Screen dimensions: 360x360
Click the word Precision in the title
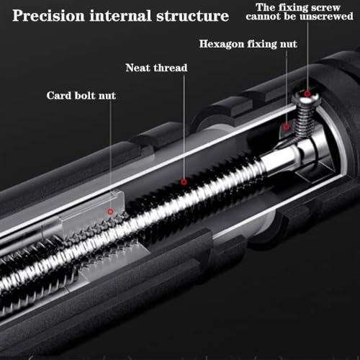(x=49, y=16)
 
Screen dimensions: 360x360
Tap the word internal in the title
(x=121, y=16)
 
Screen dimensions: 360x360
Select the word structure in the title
(x=193, y=16)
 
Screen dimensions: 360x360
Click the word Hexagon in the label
(x=222, y=45)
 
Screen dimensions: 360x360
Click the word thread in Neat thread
(x=171, y=68)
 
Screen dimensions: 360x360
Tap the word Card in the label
(x=59, y=96)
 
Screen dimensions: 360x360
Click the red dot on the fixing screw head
(x=307, y=94)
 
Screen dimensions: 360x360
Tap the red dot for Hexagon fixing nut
(x=286, y=127)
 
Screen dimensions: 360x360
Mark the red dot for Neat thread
(x=184, y=182)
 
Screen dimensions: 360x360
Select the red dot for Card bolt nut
(x=110, y=212)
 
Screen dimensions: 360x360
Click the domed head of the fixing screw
(x=306, y=97)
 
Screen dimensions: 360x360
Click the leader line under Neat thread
(x=184, y=127)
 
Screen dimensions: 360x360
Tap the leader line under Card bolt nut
(x=111, y=154)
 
